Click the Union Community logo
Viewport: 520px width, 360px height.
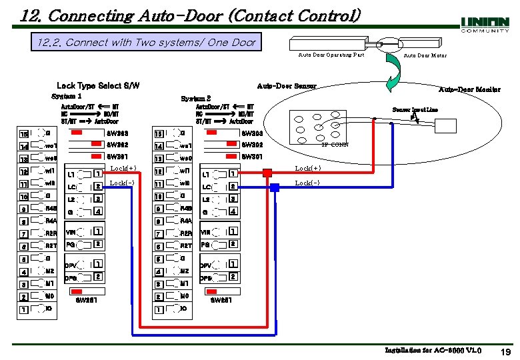pos(485,25)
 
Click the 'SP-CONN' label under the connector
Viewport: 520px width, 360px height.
pos(335,145)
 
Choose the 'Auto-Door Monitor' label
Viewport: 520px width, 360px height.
pos(469,89)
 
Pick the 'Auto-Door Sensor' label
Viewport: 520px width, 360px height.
pos(287,85)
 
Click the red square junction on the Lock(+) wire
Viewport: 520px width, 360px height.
pos(267,173)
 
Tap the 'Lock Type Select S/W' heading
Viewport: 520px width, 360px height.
pos(98,85)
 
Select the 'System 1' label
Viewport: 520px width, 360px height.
pos(67,96)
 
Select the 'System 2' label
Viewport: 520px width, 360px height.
pos(196,99)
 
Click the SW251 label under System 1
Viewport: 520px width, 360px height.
pos(87,300)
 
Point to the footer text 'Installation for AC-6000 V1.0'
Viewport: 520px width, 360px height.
pos(433,351)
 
